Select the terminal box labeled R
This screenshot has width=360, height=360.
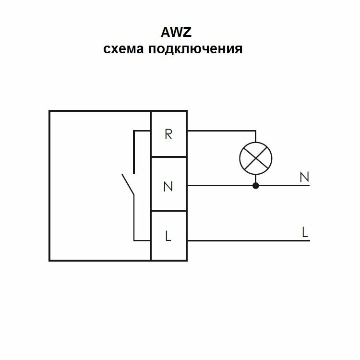[x=168, y=134]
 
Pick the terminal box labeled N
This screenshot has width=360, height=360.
[x=168, y=185]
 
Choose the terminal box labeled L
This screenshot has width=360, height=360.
[x=168, y=236]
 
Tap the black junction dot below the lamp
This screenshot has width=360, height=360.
[x=255, y=185]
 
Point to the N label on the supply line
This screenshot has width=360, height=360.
[x=304, y=177]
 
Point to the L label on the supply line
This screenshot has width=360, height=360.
[x=304, y=232]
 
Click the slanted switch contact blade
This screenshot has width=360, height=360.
[x=128, y=184]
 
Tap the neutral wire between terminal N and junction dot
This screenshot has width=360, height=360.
[x=221, y=185]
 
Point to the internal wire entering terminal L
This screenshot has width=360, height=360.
[x=142, y=240]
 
